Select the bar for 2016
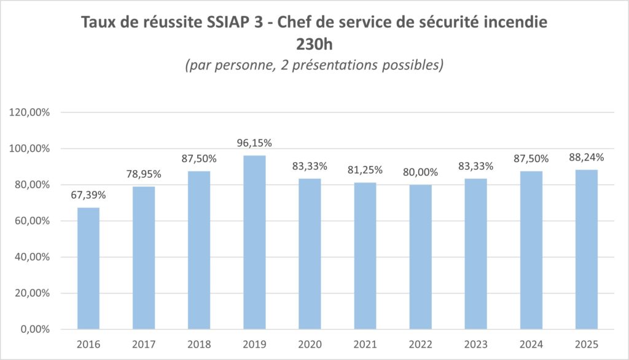point(88,268)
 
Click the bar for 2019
point(254,242)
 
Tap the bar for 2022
point(420,257)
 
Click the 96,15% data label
point(254,143)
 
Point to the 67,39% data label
point(88,195)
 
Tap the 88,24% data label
point(587,157)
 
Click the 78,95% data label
point(144,174)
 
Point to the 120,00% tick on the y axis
point(31,112)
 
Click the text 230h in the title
point(314,45)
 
